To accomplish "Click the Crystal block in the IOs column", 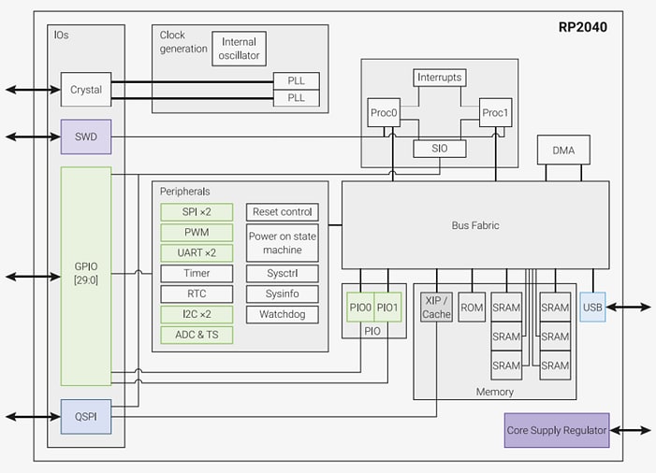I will pos(86,90).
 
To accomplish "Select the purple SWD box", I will pos(86,136).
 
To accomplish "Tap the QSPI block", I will pos(86,416).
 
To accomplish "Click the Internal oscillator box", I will pos(240,49).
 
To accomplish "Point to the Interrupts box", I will pos(439,78).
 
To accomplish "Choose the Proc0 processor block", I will pos(384,112).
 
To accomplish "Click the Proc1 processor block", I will pos(494,112).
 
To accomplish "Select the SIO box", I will pos(439,149).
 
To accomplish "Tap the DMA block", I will pos(563,150).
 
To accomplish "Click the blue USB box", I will pos(592,307).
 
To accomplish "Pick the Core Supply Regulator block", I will pos(557,430).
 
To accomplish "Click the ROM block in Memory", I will pos(473,307).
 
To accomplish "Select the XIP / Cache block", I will pos(436,307).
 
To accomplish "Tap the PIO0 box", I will pos(360,307).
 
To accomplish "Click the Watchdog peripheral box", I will pos(283,314).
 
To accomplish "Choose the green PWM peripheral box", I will pos(197,232).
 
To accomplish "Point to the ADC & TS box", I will pos(197,335).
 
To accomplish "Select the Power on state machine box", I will pos(283,243).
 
